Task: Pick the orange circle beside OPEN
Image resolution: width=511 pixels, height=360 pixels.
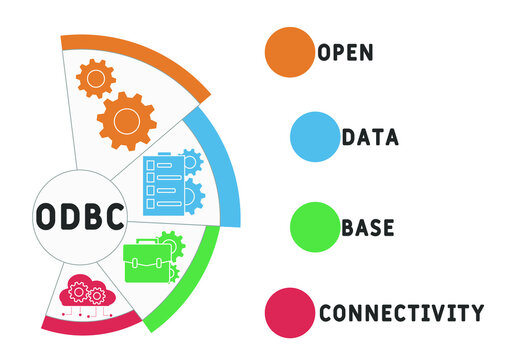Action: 289,51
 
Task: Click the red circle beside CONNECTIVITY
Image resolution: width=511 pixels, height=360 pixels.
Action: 289,313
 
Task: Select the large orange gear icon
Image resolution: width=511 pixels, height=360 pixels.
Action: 126,121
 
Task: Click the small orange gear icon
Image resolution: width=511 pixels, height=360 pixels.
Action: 96,78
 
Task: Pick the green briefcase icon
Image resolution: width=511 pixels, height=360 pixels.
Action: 146,262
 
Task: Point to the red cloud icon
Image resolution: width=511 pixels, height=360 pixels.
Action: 83,294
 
